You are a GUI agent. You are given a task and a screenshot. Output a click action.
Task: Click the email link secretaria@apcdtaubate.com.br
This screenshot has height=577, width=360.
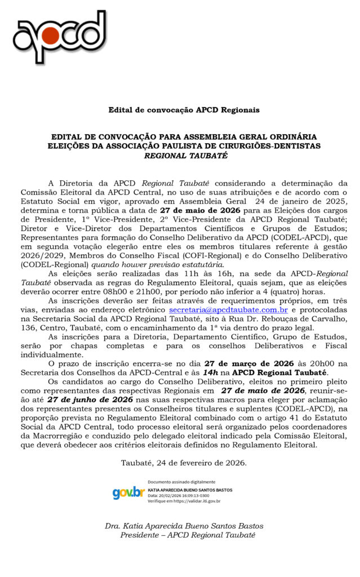(x=228, y=310)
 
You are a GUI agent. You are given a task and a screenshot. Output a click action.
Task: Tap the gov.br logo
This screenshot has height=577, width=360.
(x=128, y=492)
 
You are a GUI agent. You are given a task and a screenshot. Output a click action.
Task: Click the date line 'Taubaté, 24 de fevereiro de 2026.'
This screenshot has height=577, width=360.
(x=184, y=463)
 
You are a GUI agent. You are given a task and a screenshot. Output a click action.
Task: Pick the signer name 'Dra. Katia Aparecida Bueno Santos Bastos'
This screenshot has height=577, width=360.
(x=184, y=526)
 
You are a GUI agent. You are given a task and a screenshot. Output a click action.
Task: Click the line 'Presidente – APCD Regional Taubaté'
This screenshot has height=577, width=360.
(x=188, y=535)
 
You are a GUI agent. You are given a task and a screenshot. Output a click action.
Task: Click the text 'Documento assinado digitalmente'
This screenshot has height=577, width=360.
(x=181, y=482)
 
